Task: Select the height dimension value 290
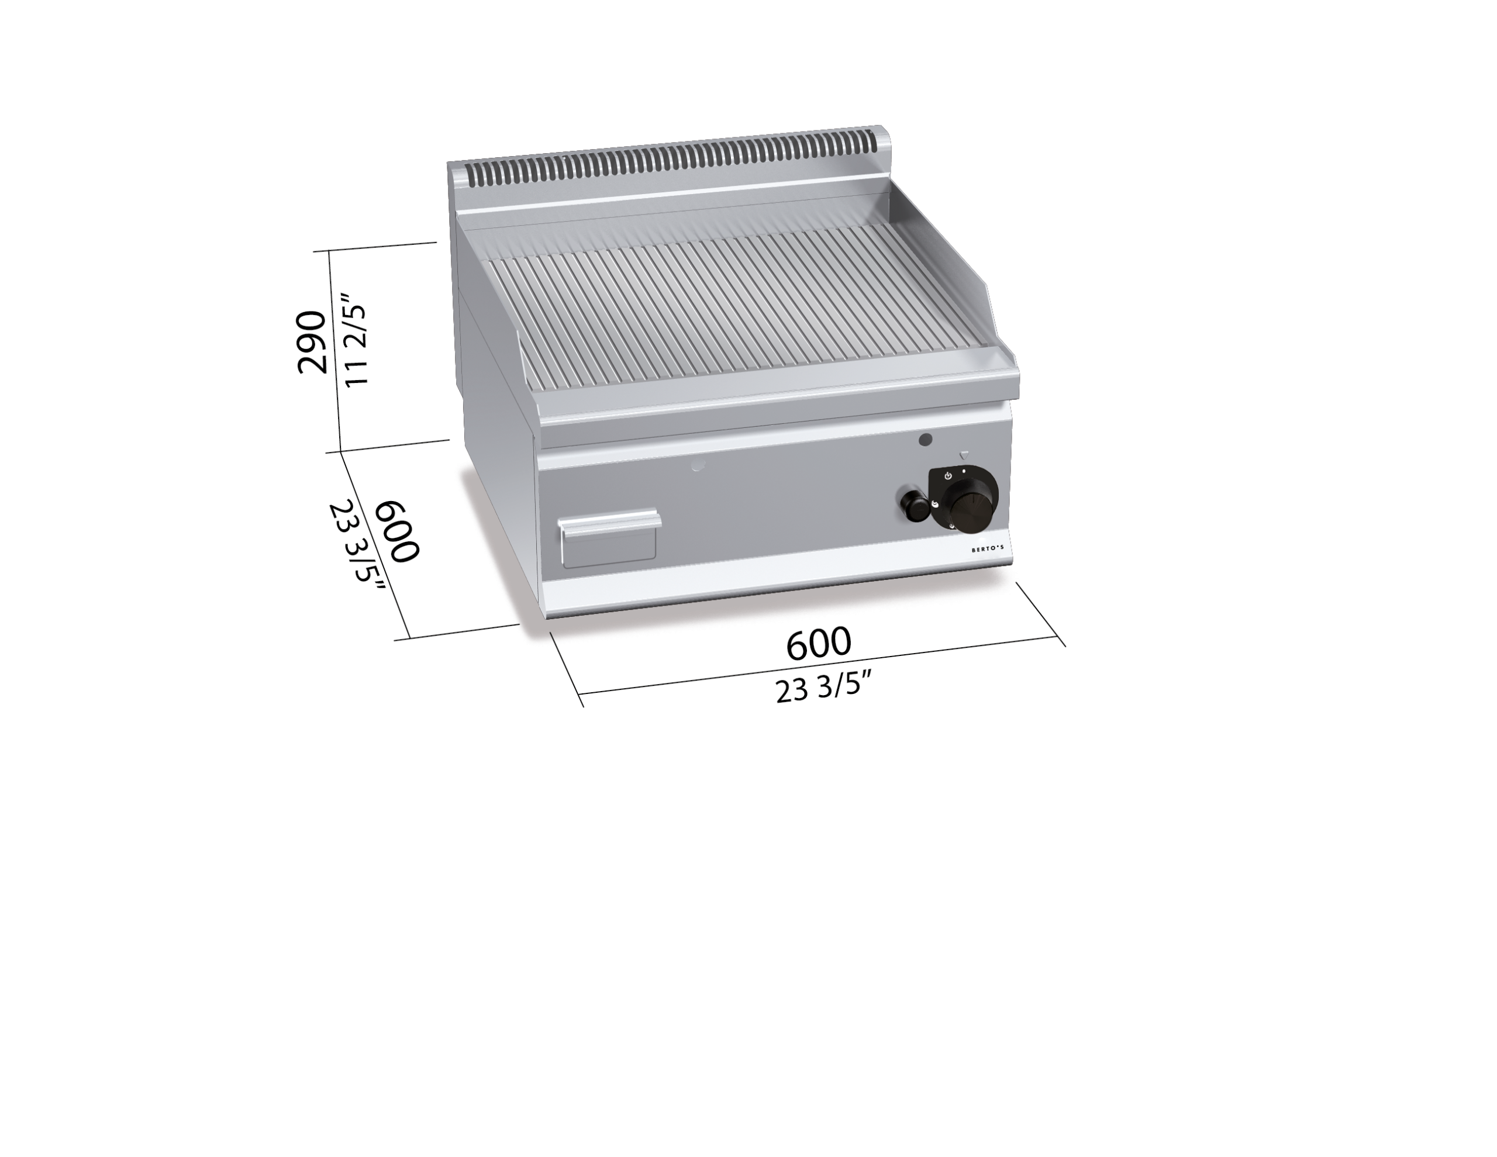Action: coord(312,342)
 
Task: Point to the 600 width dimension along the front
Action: coord(819,643)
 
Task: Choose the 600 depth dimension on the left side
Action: coord(398,532)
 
